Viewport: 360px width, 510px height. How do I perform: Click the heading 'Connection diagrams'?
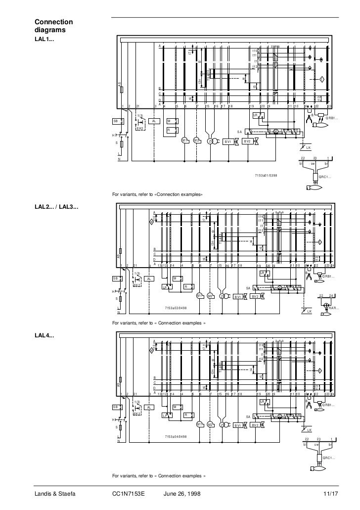click(x=53, y=26)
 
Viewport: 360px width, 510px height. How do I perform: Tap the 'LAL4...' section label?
click(x=45, y=336)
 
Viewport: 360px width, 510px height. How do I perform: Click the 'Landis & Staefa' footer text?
click(x=54, y=494)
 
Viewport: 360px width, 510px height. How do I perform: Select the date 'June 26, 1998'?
click(x=181, y=494)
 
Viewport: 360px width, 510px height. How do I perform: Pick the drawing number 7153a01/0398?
click(x=266, y=176)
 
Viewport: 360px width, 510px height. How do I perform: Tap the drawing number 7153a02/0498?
click(x=176, y=308)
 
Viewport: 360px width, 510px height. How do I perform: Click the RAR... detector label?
click(x=334, y=308)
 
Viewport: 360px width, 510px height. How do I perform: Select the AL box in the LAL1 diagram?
click(x=154, y=121)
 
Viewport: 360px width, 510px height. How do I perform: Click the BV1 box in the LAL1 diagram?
click(x=228, y=141)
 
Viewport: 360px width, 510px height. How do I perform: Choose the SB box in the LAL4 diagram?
click(x=116, y=407)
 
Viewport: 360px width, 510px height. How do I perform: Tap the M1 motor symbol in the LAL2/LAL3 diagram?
click(x=199, y=295)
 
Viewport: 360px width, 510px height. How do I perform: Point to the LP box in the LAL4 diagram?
click(x=165, y=416)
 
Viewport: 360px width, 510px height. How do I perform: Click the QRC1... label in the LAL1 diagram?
click(x=325, y=177)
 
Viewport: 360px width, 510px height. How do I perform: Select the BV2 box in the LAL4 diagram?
click(x=255, y=425)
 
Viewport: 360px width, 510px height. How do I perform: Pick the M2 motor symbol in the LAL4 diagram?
click(x=210, y=424)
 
